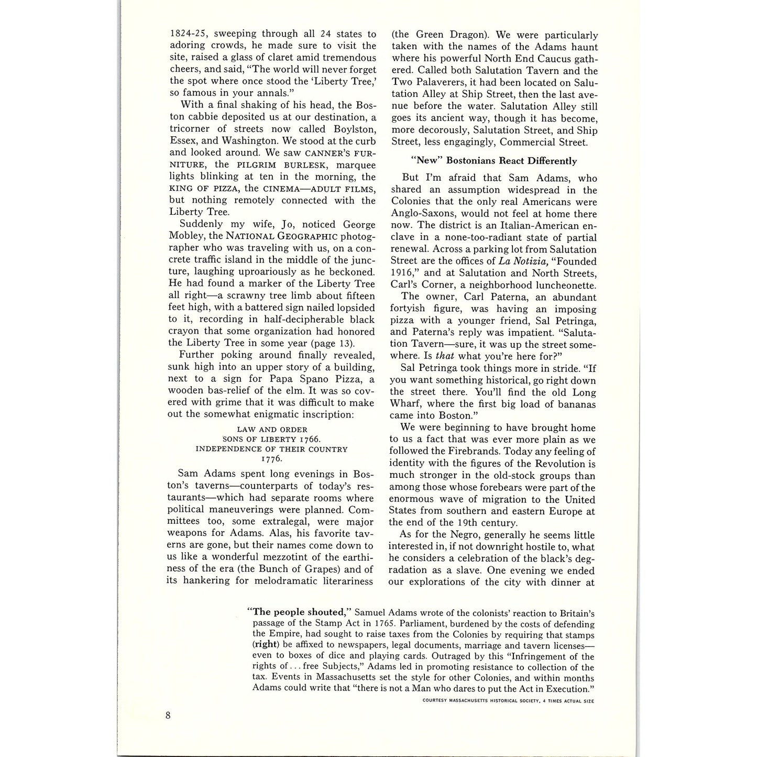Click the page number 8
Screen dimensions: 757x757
tap(168, 716)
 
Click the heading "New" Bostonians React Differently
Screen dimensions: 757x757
tap(494, 161)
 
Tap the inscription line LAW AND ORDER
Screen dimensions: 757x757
tap(272, 430)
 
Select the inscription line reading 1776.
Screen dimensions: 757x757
tap(272, 458)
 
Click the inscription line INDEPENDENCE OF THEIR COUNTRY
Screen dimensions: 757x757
tap(272, 449)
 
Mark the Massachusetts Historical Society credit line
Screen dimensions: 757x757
tap(508, 701)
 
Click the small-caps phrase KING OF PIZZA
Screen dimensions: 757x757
tap(204, 189)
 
